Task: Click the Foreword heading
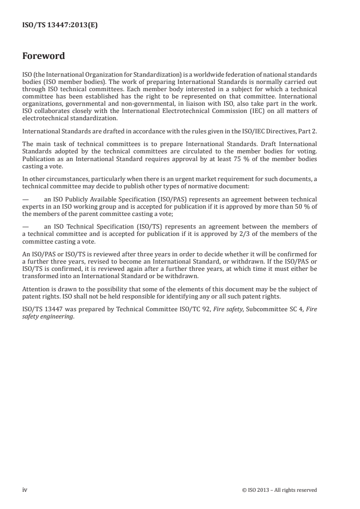[x=44, y=57]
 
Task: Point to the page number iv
[x=25, y=489]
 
